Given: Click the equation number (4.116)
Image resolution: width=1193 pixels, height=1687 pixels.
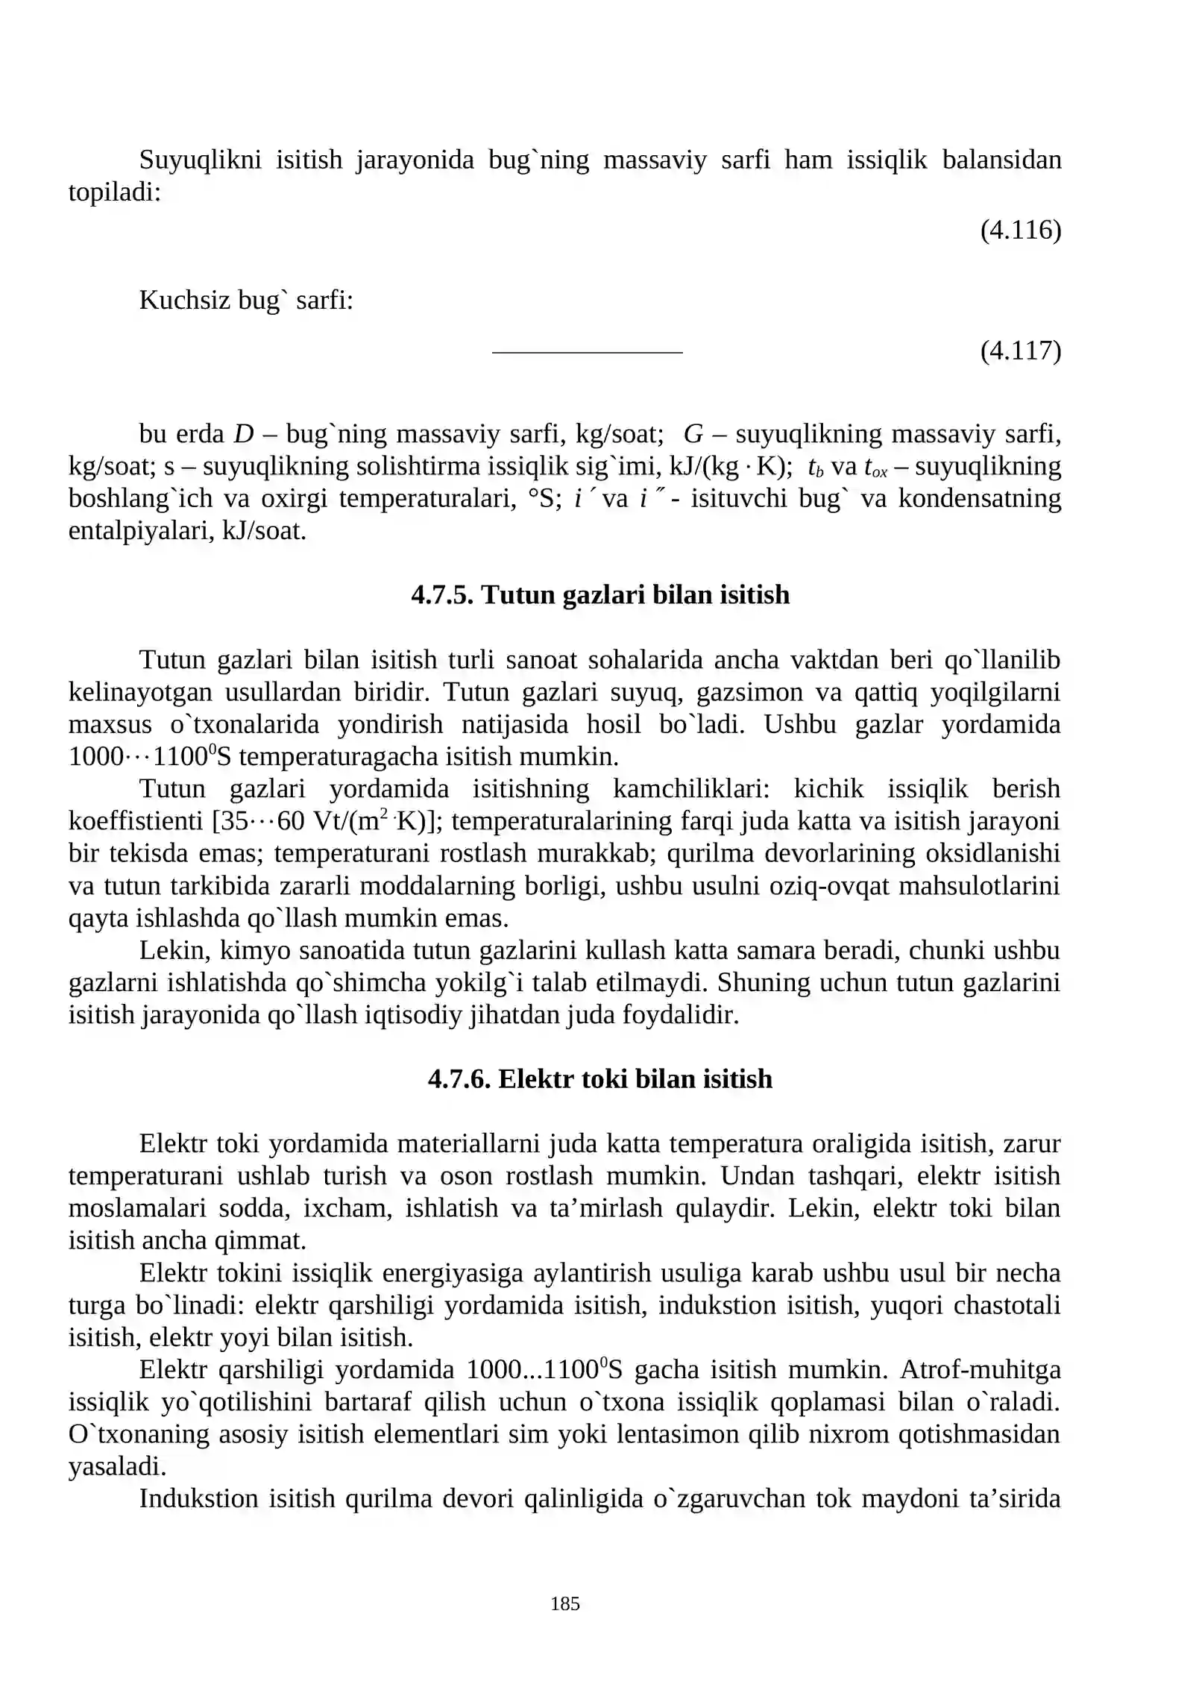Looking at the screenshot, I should pyautogui.click(x=1019, y=230).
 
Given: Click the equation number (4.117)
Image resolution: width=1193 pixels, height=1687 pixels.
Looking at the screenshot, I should pyautogui.click(x=1019, y=351).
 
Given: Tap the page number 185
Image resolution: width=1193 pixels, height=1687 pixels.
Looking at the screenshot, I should pyautogui.click(x=564, y=1603).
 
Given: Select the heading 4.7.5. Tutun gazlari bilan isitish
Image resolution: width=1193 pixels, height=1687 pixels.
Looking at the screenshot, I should pyautogui.click(x=600, y=594).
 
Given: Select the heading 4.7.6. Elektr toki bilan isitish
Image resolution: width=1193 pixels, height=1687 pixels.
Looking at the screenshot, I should pyautogui.click(x=600, y=1078).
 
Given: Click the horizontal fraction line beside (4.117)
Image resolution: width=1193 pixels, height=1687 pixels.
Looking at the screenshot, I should pyautogui.click(x=587, y=352).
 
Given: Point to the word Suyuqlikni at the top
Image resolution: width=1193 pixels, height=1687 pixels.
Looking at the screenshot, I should pyautogui.click(x=200, y=160).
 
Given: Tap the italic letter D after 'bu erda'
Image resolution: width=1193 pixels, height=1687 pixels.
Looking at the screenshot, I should pyautogui.click(x=243, y=433).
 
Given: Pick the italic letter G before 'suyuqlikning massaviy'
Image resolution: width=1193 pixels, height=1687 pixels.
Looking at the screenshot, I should pyautogui.click(x=693, y=433).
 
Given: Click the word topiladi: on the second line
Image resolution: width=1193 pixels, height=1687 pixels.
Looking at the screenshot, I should pyautogui.click(x=115, y=192).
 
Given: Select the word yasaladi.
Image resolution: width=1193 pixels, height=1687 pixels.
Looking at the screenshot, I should pyautogui.click(x=117, y=1466).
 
